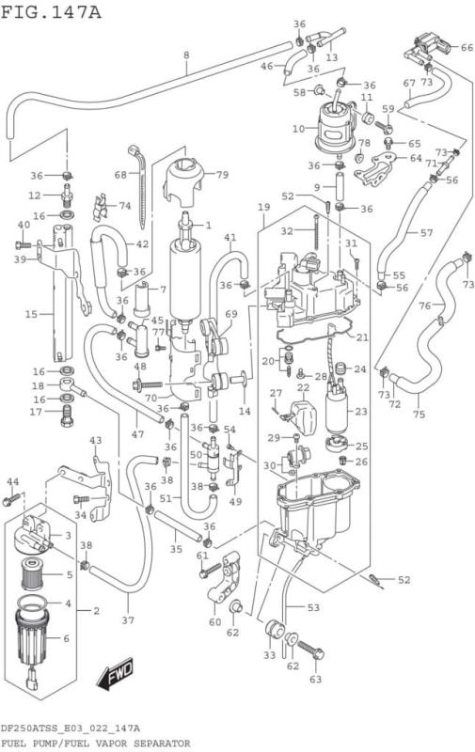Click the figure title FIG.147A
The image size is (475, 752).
point(51,11)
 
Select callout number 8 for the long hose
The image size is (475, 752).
point(186,55)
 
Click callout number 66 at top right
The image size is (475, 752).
point(467,48)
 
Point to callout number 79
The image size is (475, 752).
point(223,175)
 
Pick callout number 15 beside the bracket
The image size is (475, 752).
point(31,313)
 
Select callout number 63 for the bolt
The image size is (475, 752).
point(315,678)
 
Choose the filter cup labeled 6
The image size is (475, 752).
point(40,639)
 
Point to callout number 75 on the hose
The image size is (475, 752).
point(419,415)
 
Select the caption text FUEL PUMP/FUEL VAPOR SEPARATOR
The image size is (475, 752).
point(95,743)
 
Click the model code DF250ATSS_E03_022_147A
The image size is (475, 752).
point(71,728)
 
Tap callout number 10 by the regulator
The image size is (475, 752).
point(298,128)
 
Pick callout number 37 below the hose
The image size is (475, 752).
point(128,621)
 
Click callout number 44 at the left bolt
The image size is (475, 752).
point(12,482)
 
